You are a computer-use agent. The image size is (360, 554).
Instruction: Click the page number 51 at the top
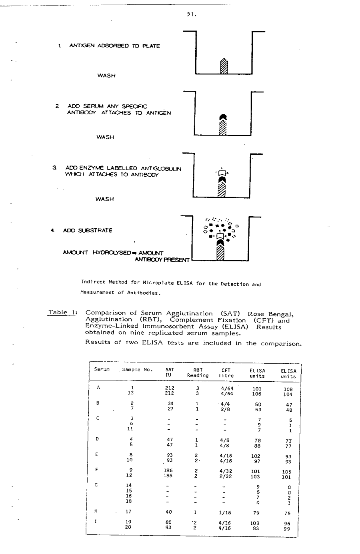(190, 14)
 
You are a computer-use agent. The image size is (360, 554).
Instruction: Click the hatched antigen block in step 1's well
(224, 66)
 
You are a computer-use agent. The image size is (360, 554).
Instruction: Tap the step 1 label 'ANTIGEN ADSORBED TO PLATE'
(115, 46)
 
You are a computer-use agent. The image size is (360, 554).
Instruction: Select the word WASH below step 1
(106, 76)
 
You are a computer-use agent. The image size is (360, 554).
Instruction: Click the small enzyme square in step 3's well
(222, 173)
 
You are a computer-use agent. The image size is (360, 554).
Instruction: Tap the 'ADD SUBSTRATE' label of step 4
(87, 231)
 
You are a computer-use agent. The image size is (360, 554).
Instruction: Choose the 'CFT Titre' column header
(226, 373)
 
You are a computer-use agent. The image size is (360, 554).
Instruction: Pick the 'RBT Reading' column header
(198, 373)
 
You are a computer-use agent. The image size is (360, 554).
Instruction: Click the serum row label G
(96, 485)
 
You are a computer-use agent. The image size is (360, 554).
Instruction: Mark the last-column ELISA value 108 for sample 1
(288, 389)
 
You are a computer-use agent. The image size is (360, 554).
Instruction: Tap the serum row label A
(98, 387)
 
